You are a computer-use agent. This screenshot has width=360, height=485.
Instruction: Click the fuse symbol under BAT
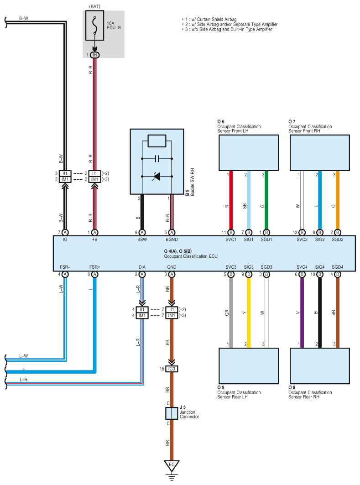pos(94,26)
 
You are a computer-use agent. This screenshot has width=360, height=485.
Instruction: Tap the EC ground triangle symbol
pos(172,466)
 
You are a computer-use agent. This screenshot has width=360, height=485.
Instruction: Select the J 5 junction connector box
pos(172,413)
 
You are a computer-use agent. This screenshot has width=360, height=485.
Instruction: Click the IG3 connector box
pos(172,369)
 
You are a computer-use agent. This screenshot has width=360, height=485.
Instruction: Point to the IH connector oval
pos(94,55)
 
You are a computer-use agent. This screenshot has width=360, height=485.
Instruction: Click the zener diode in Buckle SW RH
pos(157,176)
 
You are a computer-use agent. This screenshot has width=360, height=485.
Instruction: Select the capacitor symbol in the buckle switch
pos(157,159)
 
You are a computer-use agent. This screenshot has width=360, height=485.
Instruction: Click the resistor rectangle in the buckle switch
pos(157,141)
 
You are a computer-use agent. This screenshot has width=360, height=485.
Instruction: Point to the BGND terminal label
pos(172,240)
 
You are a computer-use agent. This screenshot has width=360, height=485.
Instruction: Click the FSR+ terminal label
pos(94,267)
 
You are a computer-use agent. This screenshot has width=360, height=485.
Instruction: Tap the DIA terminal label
pos(142,267)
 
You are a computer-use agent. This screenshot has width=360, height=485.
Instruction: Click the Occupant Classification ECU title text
pos(191,256)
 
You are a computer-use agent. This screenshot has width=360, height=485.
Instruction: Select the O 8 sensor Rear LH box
pos(249,366)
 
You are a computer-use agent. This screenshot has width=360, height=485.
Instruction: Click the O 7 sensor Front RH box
pos(320,153)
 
